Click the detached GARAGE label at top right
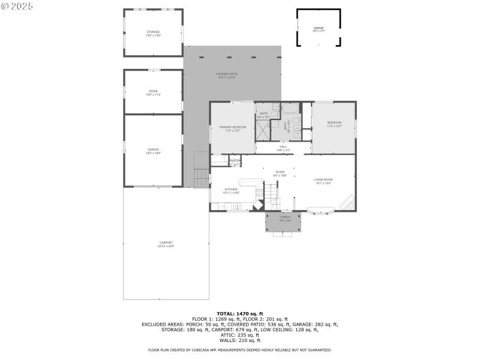coord(318,28)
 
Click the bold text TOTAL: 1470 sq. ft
coord(239,313)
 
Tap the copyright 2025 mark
coord(17,5)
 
